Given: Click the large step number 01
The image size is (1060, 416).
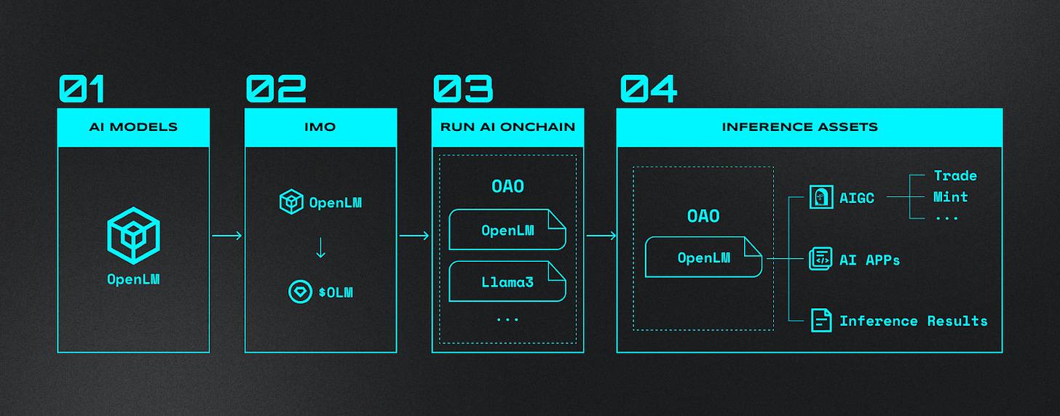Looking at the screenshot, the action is coord(82,89).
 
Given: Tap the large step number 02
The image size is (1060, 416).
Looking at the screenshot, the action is coord(275,89).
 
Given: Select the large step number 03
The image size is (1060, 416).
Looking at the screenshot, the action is coord(463,89).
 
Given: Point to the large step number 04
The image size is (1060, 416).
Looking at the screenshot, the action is coord(649,89).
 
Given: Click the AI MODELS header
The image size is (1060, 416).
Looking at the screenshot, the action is coord(133,127).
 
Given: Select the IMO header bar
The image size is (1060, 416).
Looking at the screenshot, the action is coord(320,127).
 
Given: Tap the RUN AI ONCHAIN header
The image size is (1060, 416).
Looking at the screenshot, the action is coord(507,127).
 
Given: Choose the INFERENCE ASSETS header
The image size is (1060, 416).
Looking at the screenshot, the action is coord(809,127).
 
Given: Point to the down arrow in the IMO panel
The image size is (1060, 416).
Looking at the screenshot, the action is coord(320,247).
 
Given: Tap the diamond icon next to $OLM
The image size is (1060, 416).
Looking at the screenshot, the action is coord(299,292).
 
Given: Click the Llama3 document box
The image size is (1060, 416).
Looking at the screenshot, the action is coord(507,281).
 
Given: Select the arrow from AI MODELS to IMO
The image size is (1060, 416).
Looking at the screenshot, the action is coord(227,236).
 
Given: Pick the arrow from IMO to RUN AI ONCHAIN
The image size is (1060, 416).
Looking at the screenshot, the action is coord(414,236).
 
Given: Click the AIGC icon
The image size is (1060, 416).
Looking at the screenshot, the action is coord(821,197).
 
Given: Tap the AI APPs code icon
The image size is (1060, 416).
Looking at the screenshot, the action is coord(820,259).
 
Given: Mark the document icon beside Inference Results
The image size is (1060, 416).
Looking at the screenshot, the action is coord(821,321).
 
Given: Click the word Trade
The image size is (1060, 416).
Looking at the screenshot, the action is coord(955,176).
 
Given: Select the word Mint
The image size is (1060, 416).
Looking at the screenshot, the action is coord(950,197).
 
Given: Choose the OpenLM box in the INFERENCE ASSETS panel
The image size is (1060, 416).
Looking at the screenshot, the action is coord(703,257).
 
